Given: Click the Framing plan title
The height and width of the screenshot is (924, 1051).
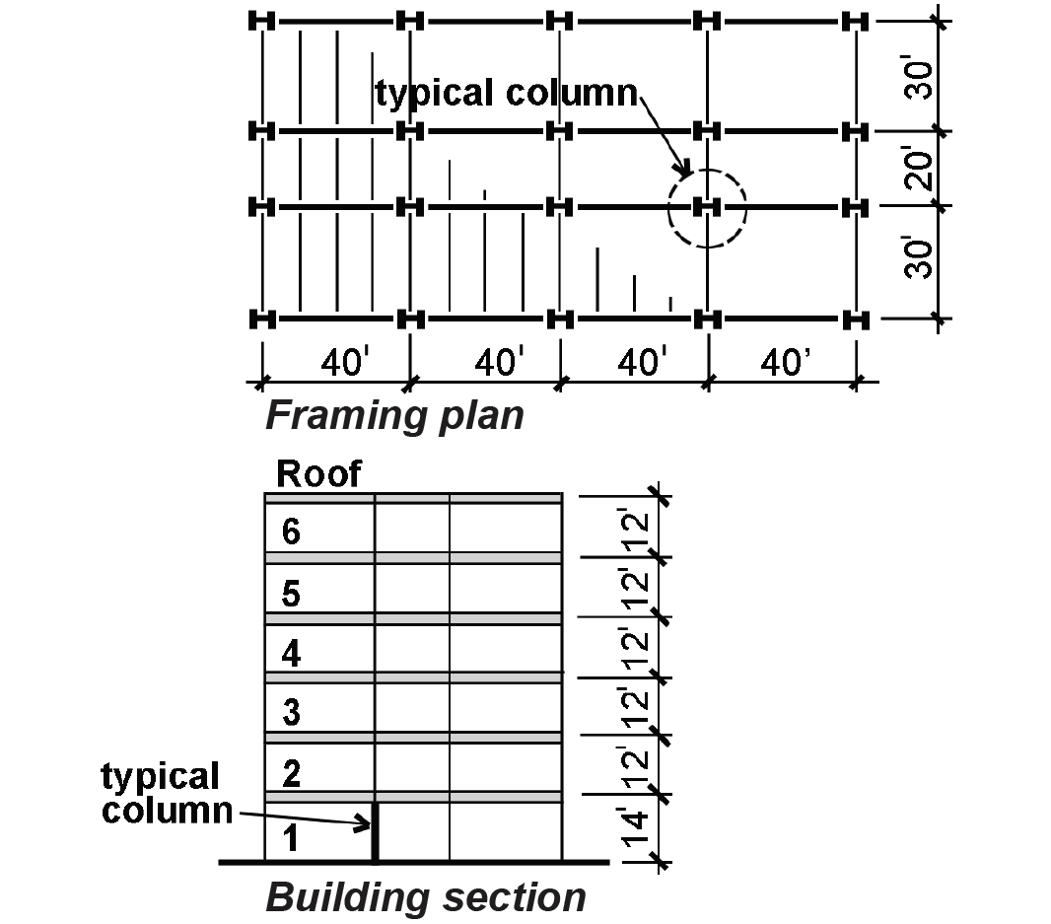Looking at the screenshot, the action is click(394, 416).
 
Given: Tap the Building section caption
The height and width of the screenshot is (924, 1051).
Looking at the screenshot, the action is click(426, 897).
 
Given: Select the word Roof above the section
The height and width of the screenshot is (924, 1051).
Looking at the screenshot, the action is click(318, 474).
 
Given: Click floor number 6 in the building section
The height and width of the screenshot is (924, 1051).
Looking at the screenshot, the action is click(291, 532).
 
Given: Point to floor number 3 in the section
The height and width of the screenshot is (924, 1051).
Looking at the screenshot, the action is click(291, 712).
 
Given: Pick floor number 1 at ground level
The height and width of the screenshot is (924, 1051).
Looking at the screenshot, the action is click(290, 838).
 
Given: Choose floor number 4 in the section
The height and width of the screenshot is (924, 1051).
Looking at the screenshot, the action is click(291, 654).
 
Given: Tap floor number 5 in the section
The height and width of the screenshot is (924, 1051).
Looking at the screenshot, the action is click(291, 594).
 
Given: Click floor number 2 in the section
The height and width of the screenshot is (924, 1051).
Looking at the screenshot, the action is click(291, 774).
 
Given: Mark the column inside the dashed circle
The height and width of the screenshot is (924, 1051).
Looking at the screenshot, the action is click(707, 207).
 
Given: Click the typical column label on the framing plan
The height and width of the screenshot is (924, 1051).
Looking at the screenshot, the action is click(506, 94).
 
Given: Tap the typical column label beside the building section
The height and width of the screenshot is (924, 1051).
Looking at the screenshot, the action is click(167, 793).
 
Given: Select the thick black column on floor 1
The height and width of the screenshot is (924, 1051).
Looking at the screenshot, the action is click(376, 831).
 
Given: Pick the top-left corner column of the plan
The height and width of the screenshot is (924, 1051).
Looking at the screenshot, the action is click(262, 22).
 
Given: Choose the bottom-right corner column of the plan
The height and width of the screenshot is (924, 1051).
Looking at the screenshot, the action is click(855, 320).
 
